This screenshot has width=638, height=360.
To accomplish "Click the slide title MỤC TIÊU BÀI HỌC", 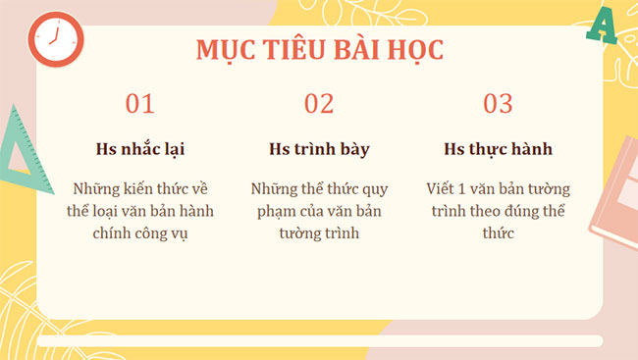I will tap(319, 50).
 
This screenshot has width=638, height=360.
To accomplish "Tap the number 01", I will tap(140, 104).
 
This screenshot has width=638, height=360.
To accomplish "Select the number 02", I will tap(319, 104).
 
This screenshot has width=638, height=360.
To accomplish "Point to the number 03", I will tap(499, 104).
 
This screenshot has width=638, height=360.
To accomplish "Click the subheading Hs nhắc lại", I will tap(140, 150).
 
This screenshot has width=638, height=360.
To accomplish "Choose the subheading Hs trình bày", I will tap(319, 150).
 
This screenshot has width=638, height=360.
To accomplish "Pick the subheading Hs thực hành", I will tap(498, 150).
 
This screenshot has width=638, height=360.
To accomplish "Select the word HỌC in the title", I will tap(412, 50).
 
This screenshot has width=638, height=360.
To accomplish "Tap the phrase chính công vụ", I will tap(140, 234).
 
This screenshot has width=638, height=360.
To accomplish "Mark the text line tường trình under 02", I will tap(319, 234).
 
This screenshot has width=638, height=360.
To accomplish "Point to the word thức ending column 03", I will tap(499, 234).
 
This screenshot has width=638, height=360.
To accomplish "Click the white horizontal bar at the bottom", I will tap(319, 340).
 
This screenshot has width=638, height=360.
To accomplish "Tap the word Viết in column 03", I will tap(441, 189).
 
